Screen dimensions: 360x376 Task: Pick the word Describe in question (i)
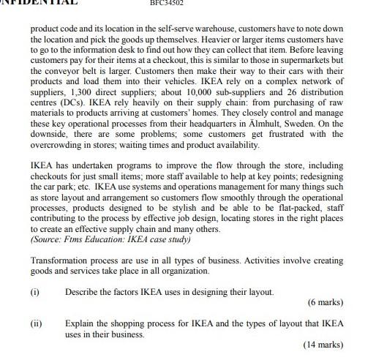80,292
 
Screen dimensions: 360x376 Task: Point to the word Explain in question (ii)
79,323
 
